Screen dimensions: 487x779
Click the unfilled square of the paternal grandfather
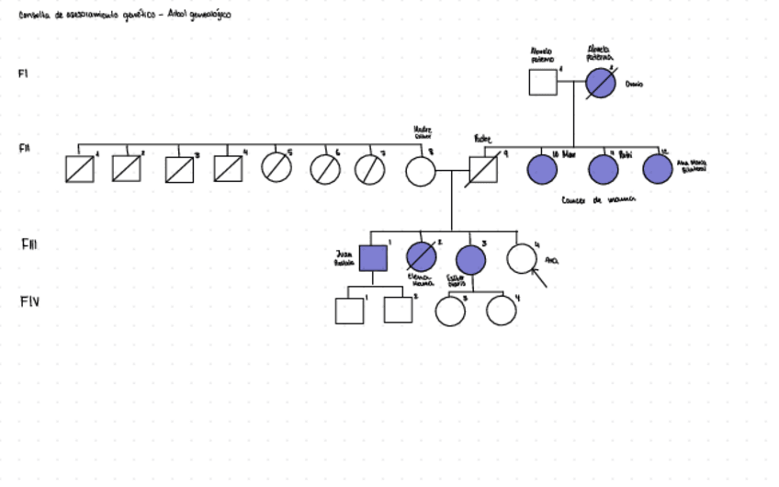[542, 82]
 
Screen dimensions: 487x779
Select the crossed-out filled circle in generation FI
[600, 83]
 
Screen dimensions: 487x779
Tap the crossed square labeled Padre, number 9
[482, 171]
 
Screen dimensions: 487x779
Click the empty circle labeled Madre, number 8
[421, 171]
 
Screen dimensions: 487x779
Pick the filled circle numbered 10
[542, 170]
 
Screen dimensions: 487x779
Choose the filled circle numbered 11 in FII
[603, 170]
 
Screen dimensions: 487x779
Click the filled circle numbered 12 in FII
[658, 169]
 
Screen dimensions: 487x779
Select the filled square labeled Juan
[372, 258]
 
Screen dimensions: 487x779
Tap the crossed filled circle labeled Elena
[421, 258]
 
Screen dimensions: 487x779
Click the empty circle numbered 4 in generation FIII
[522, 257]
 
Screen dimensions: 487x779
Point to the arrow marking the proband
[538, 277]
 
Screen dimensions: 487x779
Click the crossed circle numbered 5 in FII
[277, 168]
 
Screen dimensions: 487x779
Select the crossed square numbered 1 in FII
[80, 169]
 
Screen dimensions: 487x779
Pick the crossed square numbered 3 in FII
[179, 170]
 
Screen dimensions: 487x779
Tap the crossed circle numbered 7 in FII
[370, 169]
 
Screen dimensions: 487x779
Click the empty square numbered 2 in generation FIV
[398, 310]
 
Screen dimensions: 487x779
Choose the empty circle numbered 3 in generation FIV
[450, 311]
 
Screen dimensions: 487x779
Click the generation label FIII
[29, 245]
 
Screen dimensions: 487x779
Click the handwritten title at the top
[125, 16]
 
